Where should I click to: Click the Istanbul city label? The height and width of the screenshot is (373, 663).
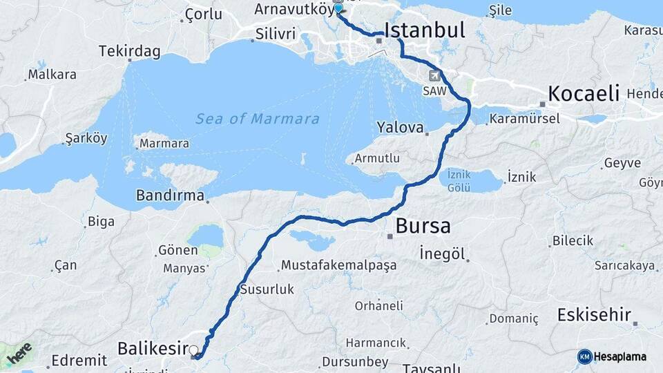tap(424, 30)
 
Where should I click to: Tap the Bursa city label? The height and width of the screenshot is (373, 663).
tap(423, 226)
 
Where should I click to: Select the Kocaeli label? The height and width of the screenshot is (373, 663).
tap(584, 93)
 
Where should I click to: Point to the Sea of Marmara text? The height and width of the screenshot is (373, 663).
tap(258, 119)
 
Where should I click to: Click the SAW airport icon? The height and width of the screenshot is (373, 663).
tap(434, 76)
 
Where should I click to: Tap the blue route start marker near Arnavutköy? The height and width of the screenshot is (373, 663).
tap(338, 9)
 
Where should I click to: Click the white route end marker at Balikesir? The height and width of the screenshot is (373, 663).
tap(194, 351)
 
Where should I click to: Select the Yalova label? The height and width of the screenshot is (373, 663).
tap(399, 127)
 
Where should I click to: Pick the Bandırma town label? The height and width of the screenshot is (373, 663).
tap(170, 195)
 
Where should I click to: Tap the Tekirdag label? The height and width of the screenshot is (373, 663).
tap(129, 51)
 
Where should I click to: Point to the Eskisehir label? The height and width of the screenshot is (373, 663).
tap(594, 316)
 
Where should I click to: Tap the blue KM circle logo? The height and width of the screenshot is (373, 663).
tap(584, 356)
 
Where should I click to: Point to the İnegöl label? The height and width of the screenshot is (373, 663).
tap(441, 254)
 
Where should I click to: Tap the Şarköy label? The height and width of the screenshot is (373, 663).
tap(86, 139)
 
